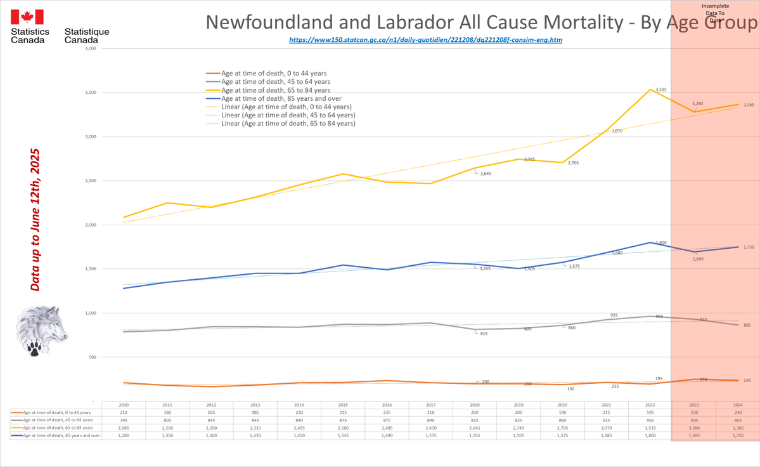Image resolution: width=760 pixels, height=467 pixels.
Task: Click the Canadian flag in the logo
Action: point(27,16)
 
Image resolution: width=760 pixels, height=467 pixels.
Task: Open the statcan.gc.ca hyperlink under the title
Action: point(425,39)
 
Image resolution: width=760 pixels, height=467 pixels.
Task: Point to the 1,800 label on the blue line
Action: point(661,243)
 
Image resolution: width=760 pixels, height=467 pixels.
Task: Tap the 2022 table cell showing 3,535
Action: point(650,428)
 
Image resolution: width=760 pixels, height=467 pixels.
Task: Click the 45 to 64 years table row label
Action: point(57,420)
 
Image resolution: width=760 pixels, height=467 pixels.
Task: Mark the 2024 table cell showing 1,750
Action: point(737,436)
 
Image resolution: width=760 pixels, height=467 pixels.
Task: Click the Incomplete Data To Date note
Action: point(715,13)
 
